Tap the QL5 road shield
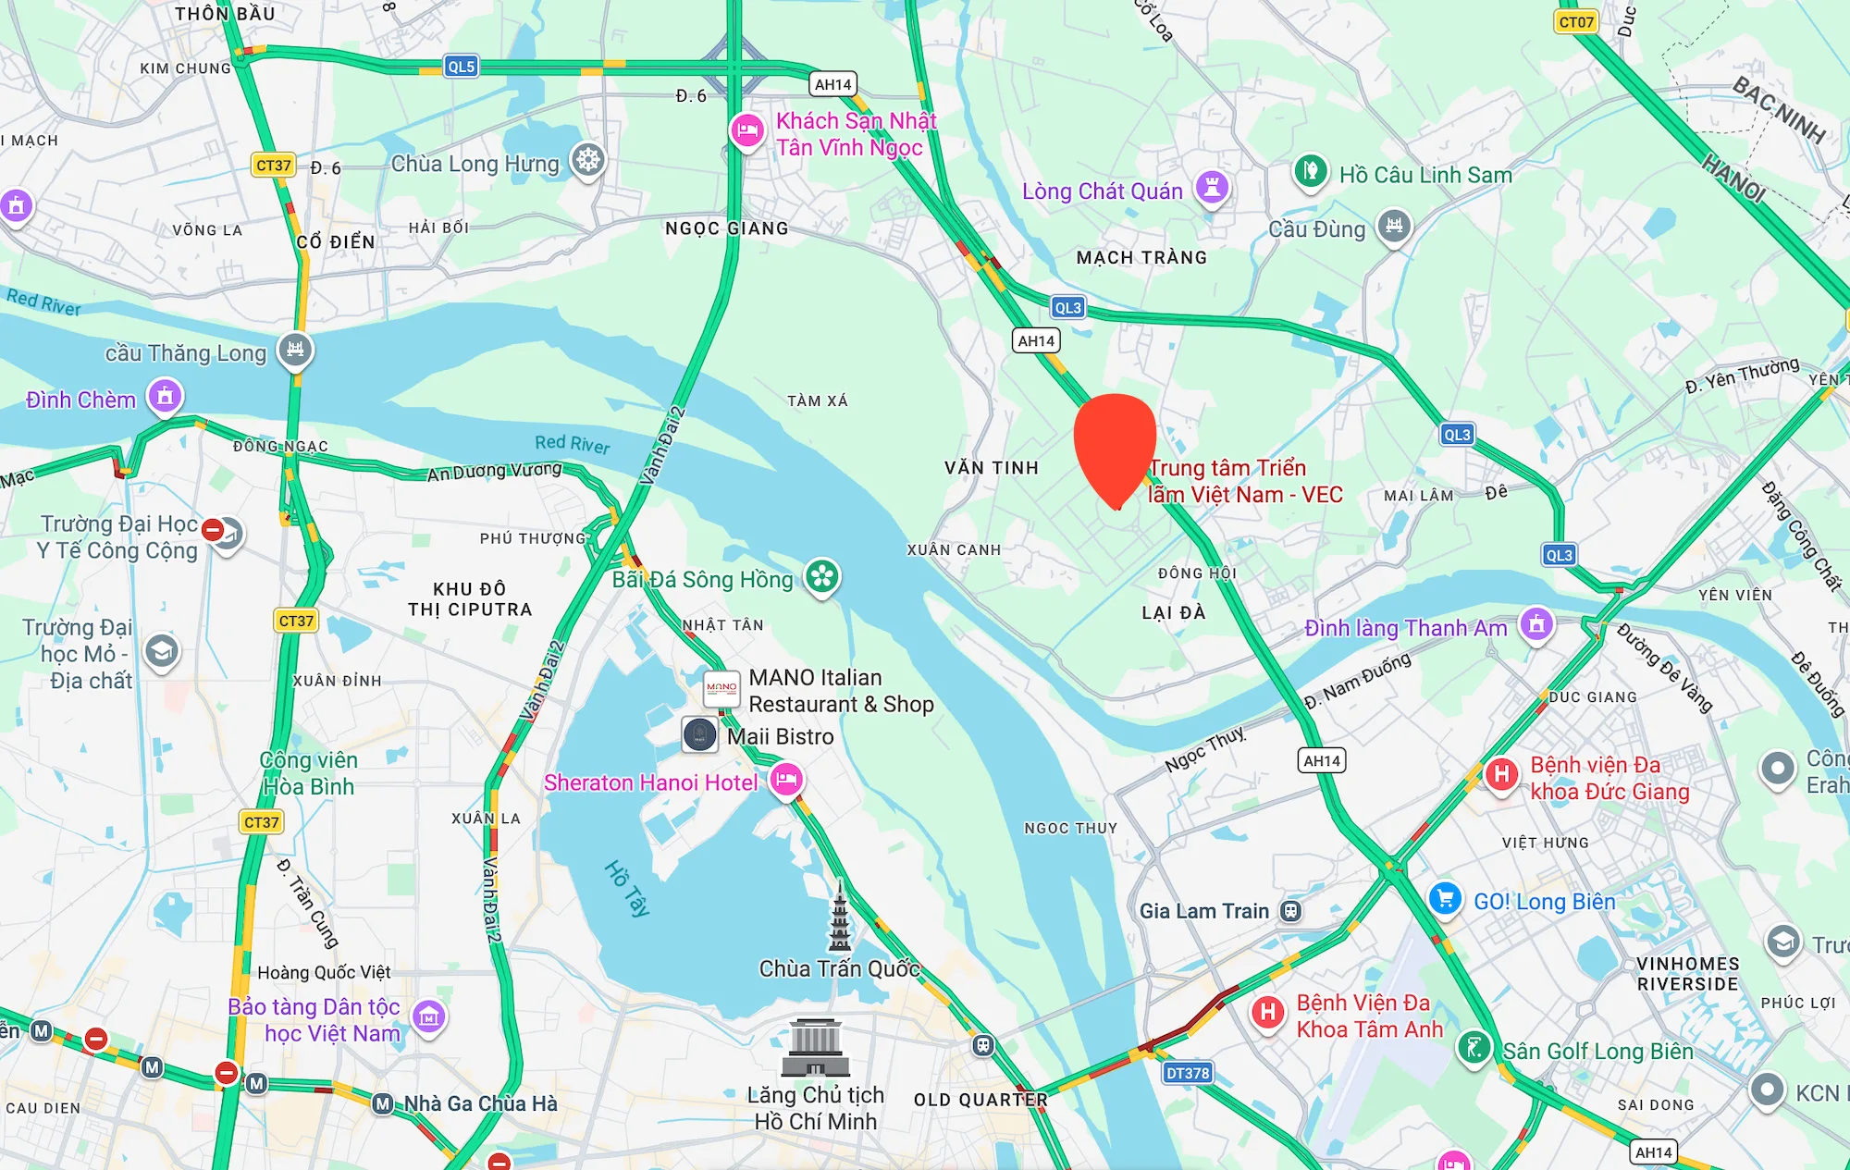[461, 67]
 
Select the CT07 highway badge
[1575, 22]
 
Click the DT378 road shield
[1187, 1073]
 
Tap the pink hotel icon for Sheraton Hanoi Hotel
[786, 779]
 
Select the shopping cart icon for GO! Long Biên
[1445, 898]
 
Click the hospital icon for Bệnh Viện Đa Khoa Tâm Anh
[1268, 1012]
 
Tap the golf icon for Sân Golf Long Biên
[1474, 1048]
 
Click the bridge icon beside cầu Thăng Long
[295, 350]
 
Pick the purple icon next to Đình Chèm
[165, 397]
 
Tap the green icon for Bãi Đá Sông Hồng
[821, 577]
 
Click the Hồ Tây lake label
[627, 888]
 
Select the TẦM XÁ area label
[817, 400]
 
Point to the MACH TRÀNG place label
[1141, 258]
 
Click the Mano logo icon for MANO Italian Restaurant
[721, 688]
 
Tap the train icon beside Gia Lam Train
[1290, 911]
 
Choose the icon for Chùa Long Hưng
[587, 160]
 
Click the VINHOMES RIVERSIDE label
[1687, 974]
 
